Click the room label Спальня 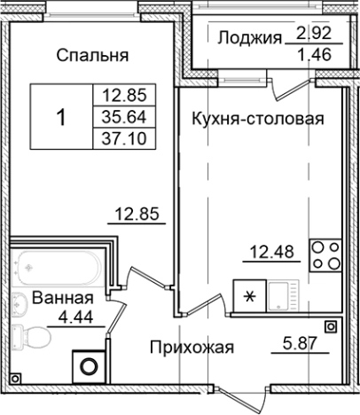[x=92, y=55]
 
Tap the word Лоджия [x=249, y=37]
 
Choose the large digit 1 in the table [x=60, y=116]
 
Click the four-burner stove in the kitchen [x=325, y=254]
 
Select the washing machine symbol [x=89, y=364]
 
